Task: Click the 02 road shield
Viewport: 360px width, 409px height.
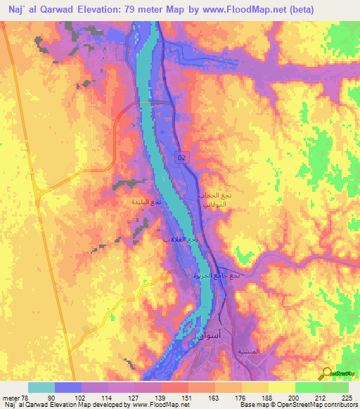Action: tap(182, 159)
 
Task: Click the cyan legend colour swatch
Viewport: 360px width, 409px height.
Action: tap(41, 387)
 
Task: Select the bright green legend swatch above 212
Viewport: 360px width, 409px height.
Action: tap(308, 387)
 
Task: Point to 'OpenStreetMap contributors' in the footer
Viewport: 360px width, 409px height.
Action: tap(319, 405)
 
